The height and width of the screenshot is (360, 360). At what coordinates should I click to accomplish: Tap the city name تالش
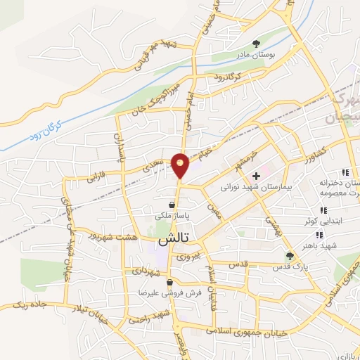point(164,239)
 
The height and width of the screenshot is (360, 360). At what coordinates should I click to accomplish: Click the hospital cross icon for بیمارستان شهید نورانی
point(257,174)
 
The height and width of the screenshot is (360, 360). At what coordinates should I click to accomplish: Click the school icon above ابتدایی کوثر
point(323,210)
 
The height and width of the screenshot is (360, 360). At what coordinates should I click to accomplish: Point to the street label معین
point(214,210)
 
